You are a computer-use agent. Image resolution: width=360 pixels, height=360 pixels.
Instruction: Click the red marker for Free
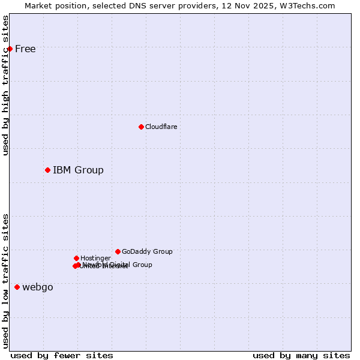[x=10, y=49]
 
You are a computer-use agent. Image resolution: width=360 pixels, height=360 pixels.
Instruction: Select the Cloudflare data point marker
[x=141, y=127]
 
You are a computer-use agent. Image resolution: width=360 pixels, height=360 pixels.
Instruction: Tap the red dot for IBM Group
[x=47, y=170]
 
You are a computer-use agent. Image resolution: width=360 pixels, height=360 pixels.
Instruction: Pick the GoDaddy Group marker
[x=118, y=251]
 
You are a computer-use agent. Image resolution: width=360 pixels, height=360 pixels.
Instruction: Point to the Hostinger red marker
[x=76, y=258]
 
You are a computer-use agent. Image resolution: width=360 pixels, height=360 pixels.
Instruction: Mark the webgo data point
[x=17, y=287]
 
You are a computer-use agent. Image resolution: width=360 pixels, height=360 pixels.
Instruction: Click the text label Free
[x=25, y=49]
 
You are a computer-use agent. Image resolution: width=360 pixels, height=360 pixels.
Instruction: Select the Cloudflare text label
[x=161, y=127]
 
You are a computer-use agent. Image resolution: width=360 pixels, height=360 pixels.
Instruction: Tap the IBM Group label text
[x=78, y=170]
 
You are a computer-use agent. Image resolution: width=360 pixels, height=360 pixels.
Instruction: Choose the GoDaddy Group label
[x=147, y=251]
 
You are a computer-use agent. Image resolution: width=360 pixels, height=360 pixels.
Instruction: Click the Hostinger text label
[x=95, y=258]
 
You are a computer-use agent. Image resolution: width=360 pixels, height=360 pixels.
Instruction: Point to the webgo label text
[x=38, y=287]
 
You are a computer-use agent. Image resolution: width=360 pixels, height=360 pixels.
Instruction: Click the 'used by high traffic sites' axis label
[x=6, y=85]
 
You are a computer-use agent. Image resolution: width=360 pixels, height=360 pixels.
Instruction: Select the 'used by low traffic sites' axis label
[x=6, y=281]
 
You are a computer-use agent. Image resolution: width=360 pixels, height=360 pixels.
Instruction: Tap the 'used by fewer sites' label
[x=62, y=355]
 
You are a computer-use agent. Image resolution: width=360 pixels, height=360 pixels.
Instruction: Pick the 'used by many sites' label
[x=301, y=355]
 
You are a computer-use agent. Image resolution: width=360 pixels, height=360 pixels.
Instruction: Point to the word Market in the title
[x=39, y=5]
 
